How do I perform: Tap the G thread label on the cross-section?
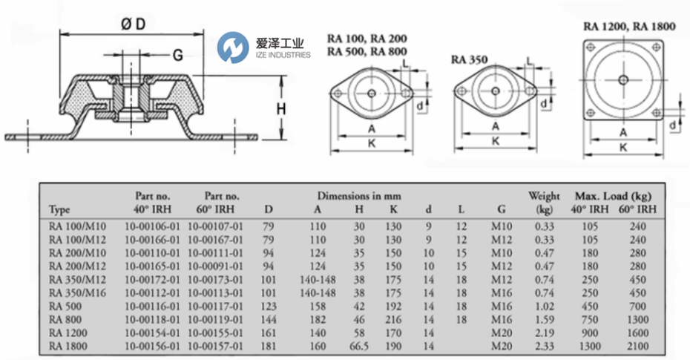tap(178, 55)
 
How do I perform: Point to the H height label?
tap(281, 109)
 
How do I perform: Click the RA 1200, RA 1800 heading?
tap(630, 26)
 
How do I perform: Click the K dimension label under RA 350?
tap(495, 142)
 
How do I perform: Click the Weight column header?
tap(544, 197)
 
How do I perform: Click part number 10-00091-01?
tap(214, 265)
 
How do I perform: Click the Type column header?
tap(59, 209)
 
